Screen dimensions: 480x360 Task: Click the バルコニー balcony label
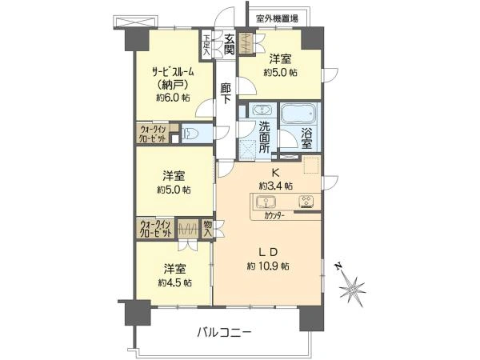point(224,332)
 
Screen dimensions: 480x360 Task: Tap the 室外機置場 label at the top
point(277,18)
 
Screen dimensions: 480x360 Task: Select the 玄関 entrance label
point(229,44)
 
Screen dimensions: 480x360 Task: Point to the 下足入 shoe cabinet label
point(207,46)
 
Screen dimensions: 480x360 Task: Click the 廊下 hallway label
point(226,93)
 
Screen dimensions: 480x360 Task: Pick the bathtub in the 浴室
point(298,114)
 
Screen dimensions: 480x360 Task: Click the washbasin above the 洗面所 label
point(262,110)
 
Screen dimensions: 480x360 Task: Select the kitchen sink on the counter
point(266,202)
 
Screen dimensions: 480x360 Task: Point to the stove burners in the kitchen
point(306,202)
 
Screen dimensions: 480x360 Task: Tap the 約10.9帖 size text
point(268,266)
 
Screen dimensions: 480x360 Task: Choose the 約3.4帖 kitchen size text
point(275,186)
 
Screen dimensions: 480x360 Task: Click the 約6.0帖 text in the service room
point(173,98)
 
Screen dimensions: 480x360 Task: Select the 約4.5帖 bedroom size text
point(175,282)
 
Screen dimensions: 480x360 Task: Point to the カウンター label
point(274,216)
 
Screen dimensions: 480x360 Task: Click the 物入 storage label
point(207,228)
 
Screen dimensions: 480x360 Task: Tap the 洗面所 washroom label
point(265,137)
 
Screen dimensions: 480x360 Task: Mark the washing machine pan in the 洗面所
point(249,150)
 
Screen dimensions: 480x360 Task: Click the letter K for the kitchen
point(276,173)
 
